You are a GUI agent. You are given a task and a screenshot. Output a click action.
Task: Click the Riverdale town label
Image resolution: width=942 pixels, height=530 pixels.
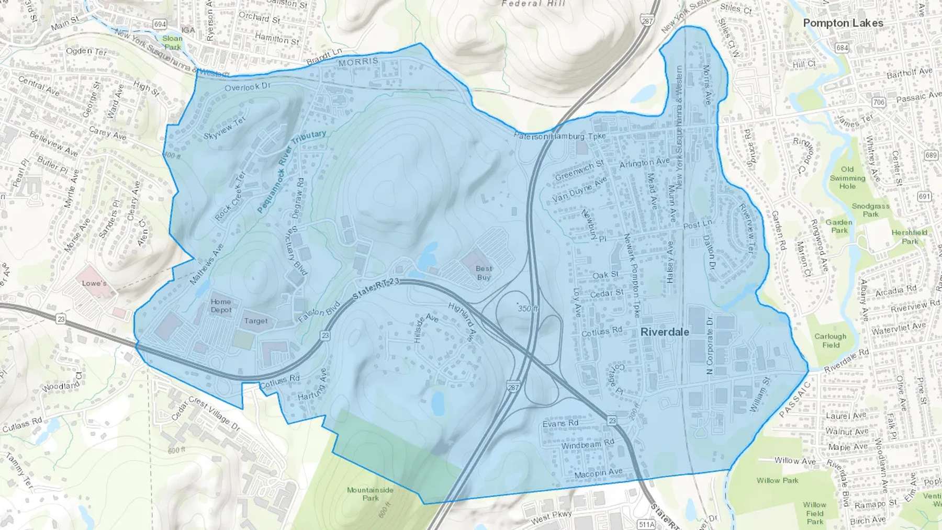[665, 332]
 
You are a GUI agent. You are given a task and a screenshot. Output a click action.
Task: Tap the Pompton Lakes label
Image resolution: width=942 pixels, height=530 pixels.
[843, 23]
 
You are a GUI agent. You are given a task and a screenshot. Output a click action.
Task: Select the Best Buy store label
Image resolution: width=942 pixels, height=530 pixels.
[484, 273]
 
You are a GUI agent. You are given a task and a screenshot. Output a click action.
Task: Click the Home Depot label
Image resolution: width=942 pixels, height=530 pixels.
[221, 306]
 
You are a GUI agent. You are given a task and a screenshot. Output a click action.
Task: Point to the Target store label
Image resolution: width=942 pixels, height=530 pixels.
[255, 321]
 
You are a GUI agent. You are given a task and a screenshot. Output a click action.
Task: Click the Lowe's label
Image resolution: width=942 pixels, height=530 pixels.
[94, 283]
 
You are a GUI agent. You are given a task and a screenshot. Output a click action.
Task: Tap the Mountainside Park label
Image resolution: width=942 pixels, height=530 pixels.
[370, 494]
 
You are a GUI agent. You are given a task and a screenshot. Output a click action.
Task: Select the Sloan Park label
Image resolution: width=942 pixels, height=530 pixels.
[172, 42]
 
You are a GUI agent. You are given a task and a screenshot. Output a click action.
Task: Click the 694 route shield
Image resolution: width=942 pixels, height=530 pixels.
[160, 24]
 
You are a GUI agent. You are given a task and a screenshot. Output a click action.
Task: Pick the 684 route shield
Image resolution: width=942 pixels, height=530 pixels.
[842, 48]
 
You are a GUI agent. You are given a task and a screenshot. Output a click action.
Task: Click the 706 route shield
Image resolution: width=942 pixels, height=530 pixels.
[879, 102]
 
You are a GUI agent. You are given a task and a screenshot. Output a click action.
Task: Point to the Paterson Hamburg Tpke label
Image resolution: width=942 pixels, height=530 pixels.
[559, 136]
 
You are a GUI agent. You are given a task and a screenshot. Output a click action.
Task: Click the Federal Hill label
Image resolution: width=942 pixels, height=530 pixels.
[533, 3]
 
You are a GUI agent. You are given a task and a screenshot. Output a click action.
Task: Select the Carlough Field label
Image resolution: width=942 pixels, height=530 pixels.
[830, 341]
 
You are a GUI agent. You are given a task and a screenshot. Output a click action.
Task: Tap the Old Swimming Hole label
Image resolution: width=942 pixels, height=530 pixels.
[847, 178]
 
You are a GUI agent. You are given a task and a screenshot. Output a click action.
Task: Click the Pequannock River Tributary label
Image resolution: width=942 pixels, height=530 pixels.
[291, 171]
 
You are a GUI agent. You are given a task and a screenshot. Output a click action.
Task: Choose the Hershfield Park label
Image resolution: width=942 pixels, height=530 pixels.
[910, 236]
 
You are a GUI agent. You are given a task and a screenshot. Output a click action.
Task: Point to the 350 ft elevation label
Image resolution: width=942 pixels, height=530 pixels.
[528, 309]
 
